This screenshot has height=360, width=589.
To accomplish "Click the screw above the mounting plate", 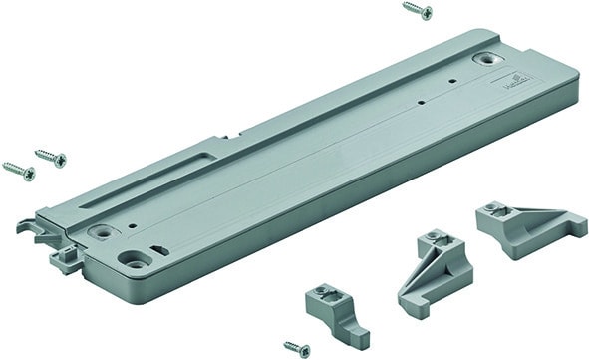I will coord(417,11).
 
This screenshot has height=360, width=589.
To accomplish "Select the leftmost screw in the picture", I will coord(18,170).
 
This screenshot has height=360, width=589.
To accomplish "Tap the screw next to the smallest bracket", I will coord(296,348).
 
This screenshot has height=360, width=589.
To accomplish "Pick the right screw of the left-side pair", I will coord(50,158).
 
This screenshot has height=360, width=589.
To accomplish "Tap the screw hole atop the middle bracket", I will coord(432,239).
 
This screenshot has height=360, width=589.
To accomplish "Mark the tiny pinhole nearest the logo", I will coord(453,81).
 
